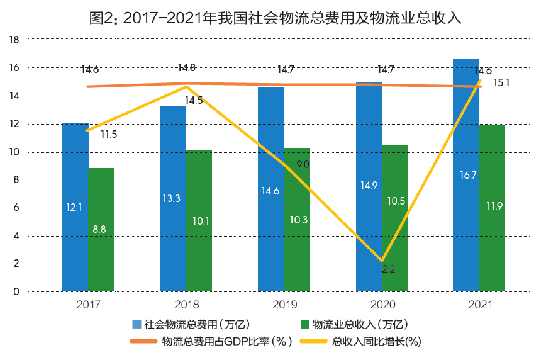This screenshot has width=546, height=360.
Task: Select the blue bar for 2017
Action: coord(75,208)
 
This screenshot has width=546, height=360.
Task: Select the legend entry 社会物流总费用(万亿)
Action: coord(191,325)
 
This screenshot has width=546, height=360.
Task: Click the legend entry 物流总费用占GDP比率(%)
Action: coord(212,342)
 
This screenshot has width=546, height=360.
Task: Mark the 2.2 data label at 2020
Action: coord(390,269)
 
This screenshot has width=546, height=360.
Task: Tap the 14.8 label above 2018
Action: coord(186,67)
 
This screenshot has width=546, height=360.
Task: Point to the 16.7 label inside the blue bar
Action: coord(467,175)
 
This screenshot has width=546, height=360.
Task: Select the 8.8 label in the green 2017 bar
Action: coord(99,230)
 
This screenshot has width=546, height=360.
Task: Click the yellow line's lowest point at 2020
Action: coord(382,261)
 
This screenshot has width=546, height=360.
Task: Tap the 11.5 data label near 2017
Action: coord(109,134)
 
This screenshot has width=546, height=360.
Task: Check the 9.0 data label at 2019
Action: coord(303,165)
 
